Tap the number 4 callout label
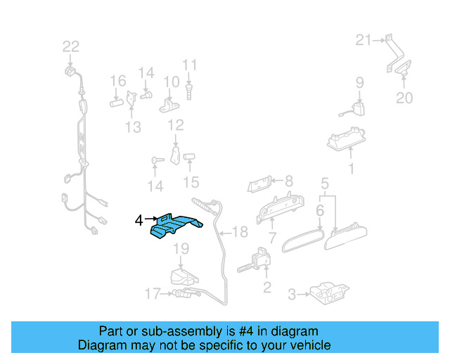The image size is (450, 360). click(139, 221)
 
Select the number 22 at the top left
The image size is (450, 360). click(71, 47)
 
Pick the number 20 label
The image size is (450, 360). click(404, 98)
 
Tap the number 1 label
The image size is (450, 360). click(352, 169)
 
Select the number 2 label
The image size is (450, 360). click(266, 286)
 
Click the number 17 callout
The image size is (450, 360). click(153, 294)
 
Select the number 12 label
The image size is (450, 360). click(175, 125)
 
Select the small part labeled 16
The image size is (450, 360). click(116, 101)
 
